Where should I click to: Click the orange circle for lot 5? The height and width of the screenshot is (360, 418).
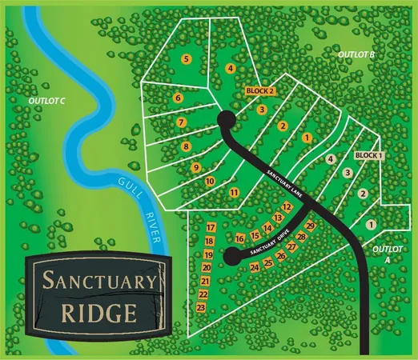pyautogui.click(x=187, y=59)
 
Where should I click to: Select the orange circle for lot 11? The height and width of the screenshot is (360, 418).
pyautogui.click(x=234, y=193)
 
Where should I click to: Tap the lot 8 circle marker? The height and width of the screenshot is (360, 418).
pyautogui.click(x=186, y=146)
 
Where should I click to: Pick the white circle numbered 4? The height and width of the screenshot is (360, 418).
pyautogui.click(x=330, y=159)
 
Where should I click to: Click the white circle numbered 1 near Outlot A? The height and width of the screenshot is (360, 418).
pyautogui.click(x=371, y=226)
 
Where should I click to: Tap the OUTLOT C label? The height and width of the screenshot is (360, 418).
pyautogui.click(x=46, y=102)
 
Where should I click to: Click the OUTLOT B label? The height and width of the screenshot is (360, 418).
pyautogui.click(x=356, y=54)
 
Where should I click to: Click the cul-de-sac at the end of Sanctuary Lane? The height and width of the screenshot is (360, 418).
pyautogui.click(x=227, y=121)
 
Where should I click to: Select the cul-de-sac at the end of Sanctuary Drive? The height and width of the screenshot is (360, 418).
pyautogui.click(x=232, y=256)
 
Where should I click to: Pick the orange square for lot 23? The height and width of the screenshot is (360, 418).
pyautogui.click(x=202, y=307)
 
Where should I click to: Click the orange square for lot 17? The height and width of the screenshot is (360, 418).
pyautogui.click(x=210, y=228)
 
